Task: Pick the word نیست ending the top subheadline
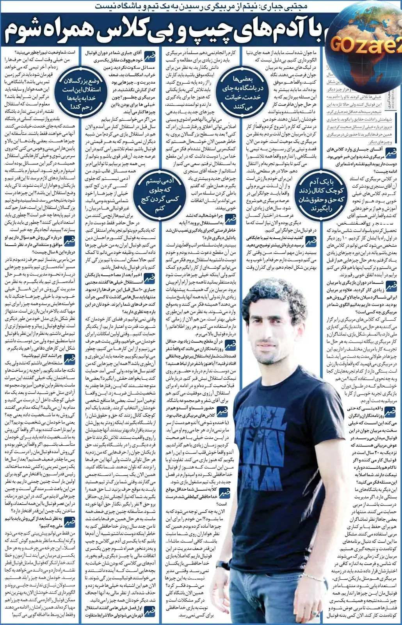tap(106, 6)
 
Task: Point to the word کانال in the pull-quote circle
tap(321, 191)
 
